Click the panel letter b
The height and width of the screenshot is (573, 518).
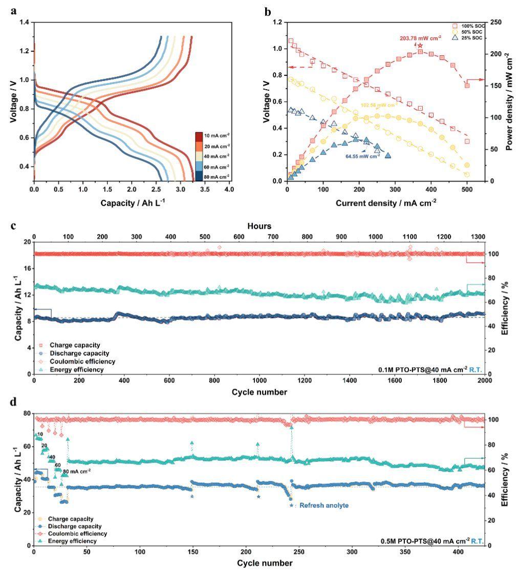268,11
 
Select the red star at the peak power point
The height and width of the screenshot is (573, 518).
420,46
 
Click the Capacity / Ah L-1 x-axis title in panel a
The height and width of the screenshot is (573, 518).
133,203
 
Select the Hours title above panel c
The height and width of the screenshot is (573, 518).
260,225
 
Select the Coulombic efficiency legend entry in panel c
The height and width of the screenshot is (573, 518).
75,362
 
